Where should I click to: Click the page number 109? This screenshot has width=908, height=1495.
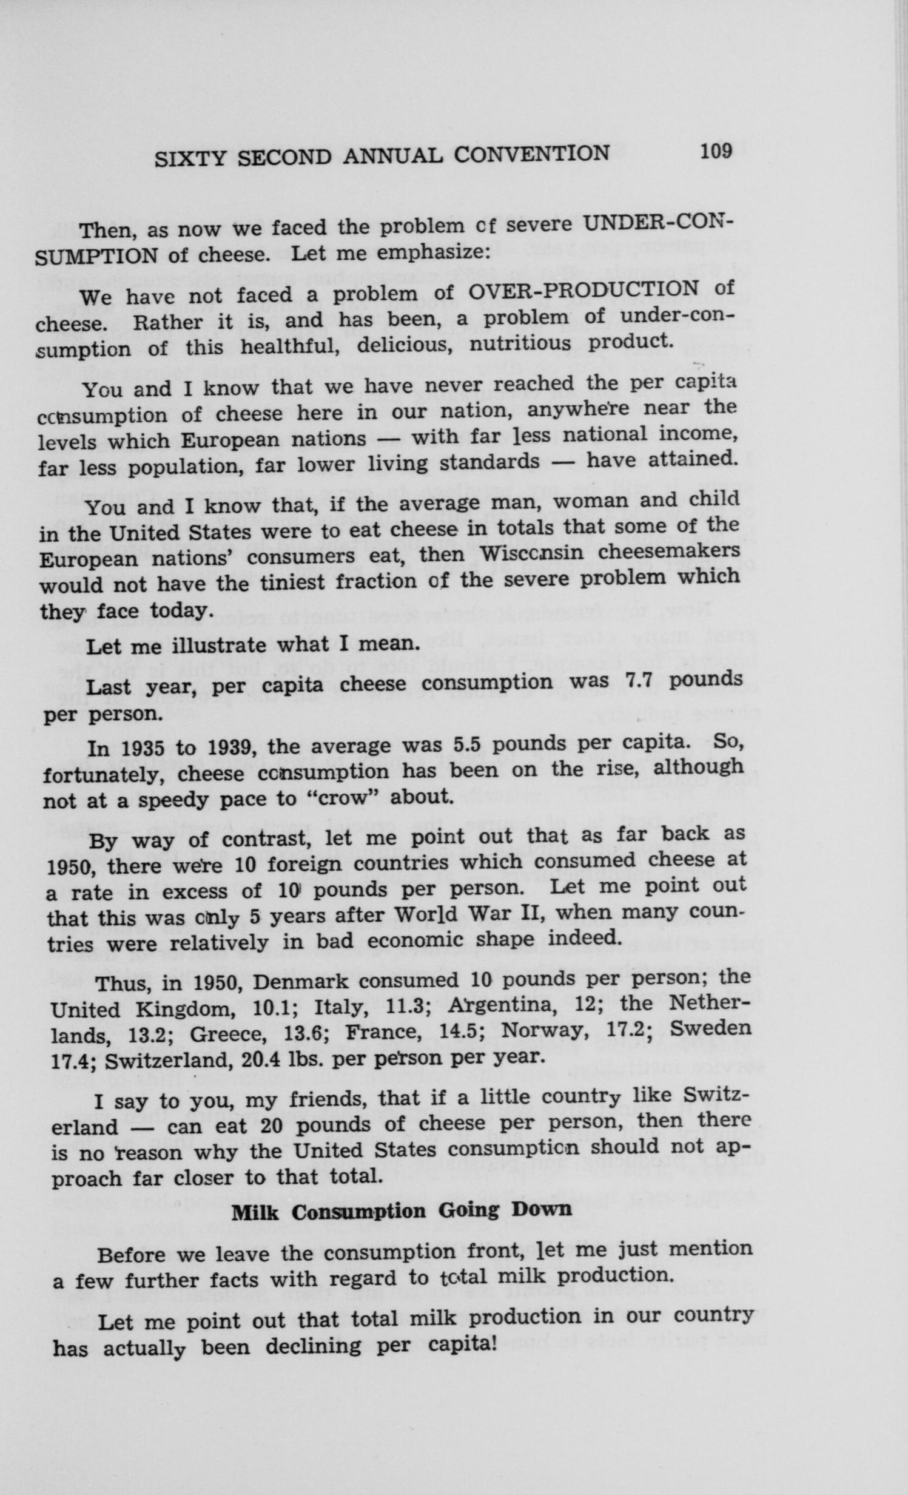[x=716, y=150]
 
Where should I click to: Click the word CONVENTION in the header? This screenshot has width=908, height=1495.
[x=531, y=154]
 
